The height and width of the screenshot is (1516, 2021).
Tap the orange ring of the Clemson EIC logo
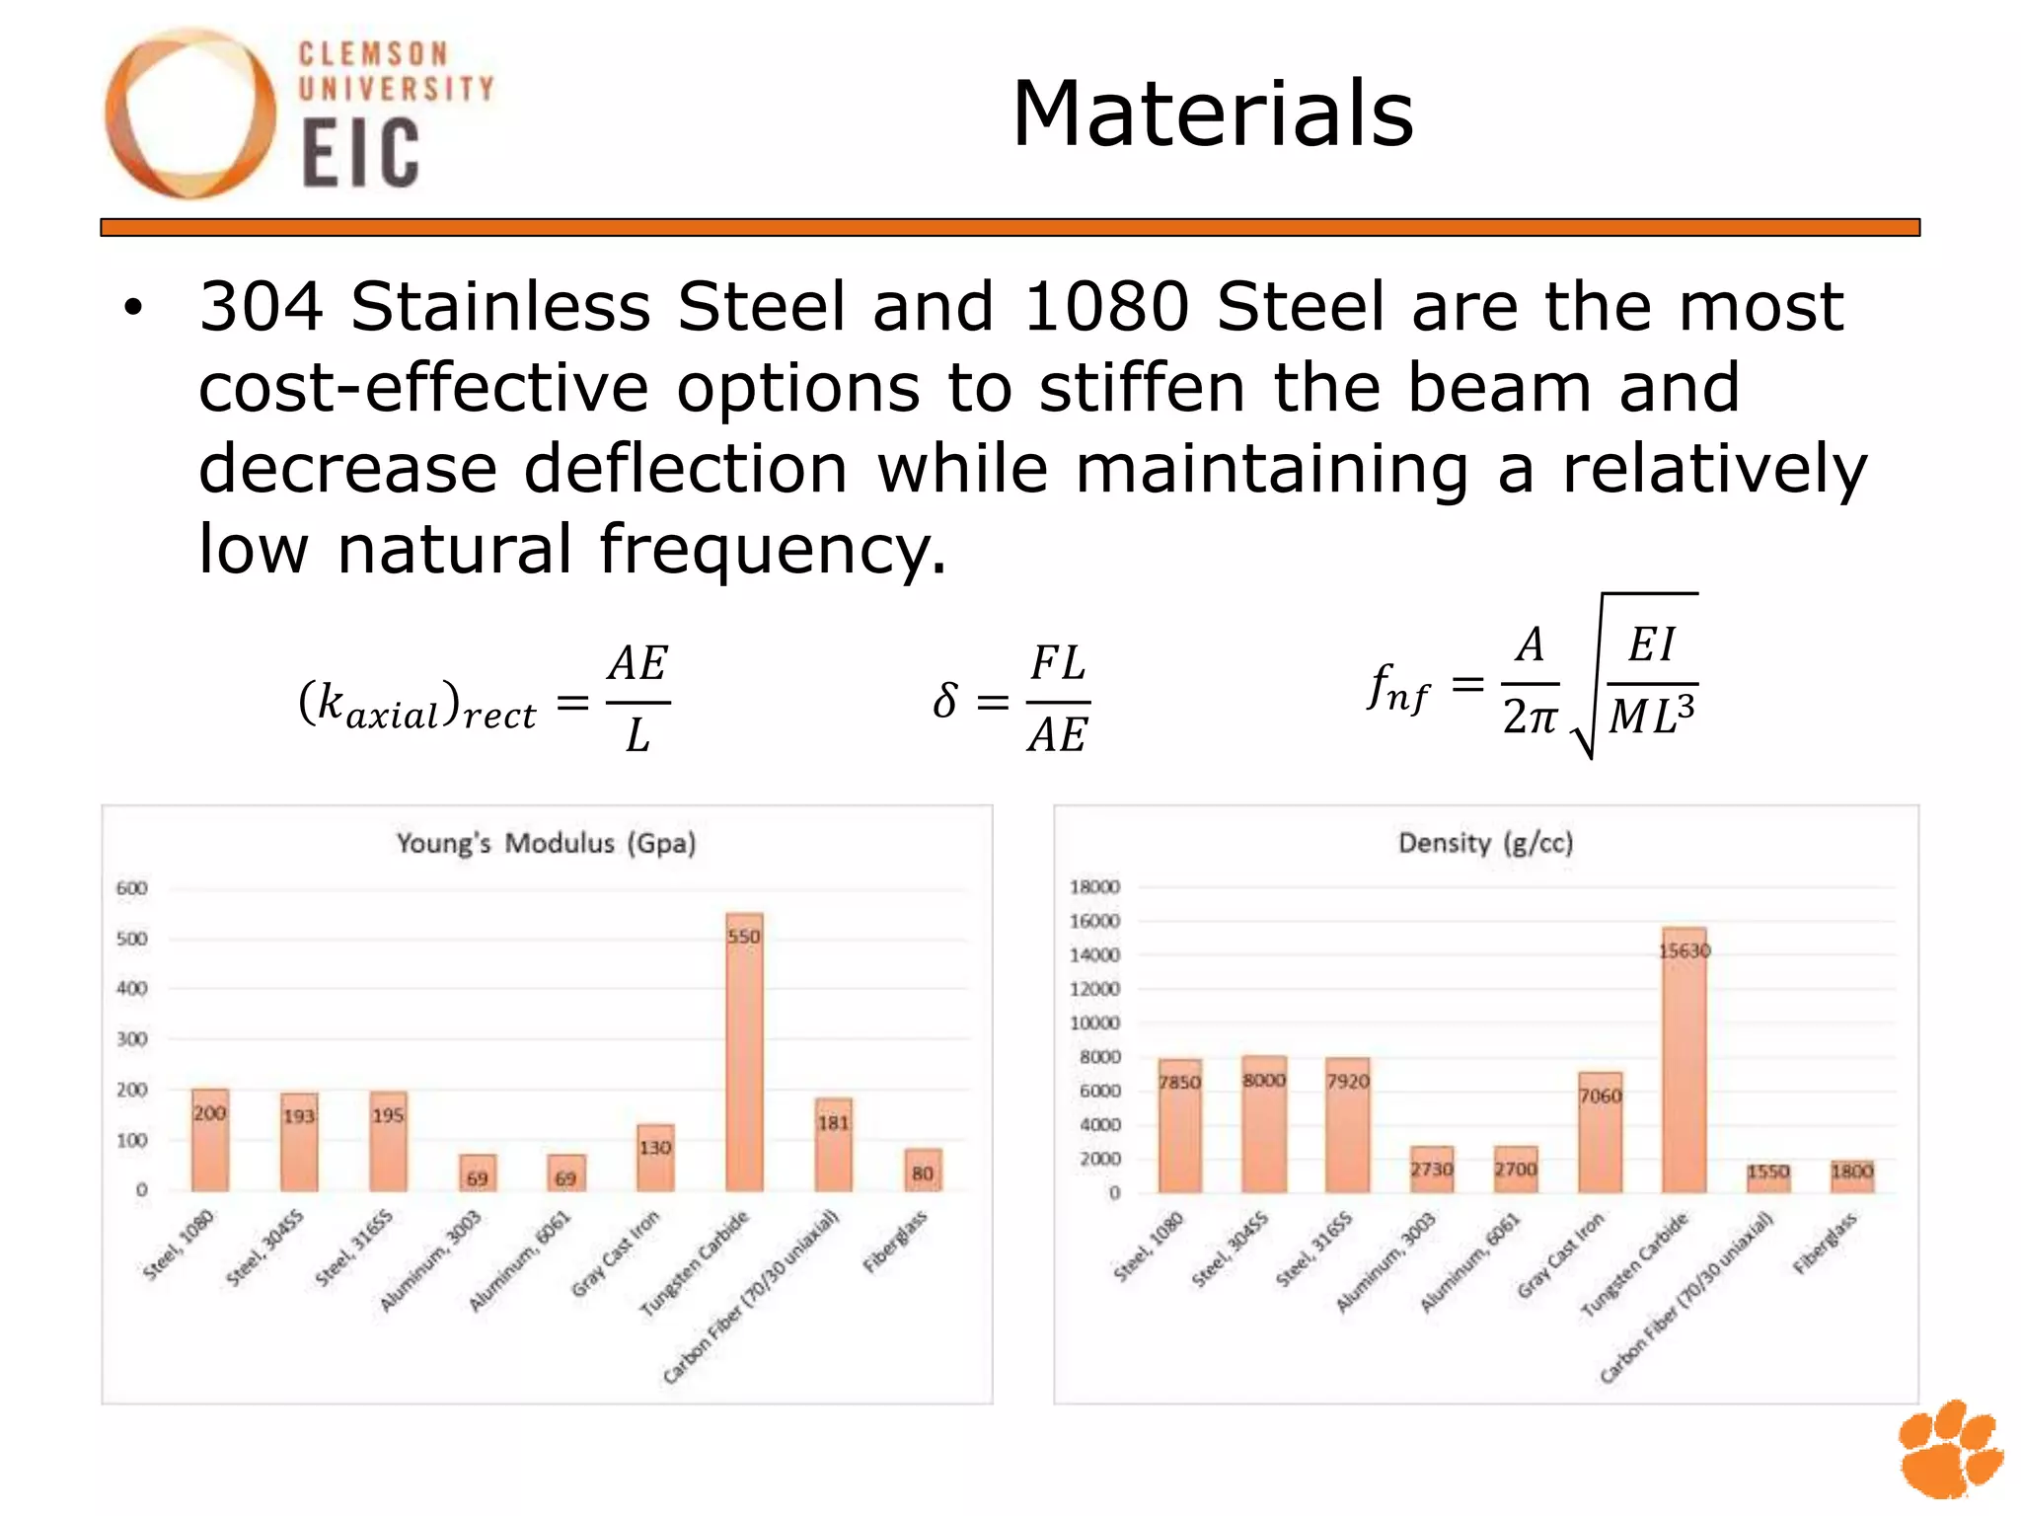(x=123, y=114)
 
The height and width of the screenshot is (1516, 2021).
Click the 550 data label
(x=744, y=936)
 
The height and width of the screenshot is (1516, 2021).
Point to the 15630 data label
(x=1684, y=950)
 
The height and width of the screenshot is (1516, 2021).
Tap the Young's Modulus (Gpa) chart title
(x=546, y=844)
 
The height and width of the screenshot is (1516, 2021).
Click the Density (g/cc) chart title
(x=1485, y=843)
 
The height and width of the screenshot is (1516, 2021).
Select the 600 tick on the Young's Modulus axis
(x=131, y=888)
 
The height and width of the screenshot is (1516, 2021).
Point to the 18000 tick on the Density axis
(x=1094, y=886)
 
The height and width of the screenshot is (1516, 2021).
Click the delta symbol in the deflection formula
(x=944, y=701)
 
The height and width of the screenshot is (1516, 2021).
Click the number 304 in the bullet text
(x=262, y=306)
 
